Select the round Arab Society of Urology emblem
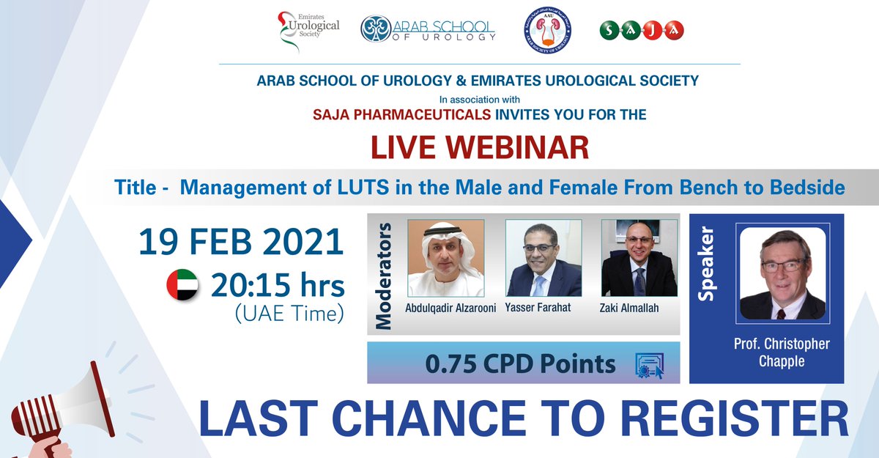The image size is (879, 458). coord(548,31)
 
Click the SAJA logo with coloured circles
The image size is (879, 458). coord(641,30)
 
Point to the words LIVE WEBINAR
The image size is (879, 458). coord(480,147)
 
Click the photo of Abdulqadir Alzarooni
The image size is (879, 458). coord(445,258)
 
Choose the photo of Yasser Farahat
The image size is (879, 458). coord(544,258)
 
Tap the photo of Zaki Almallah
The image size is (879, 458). coord(639,258)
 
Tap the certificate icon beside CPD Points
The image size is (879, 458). coord(648,365)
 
